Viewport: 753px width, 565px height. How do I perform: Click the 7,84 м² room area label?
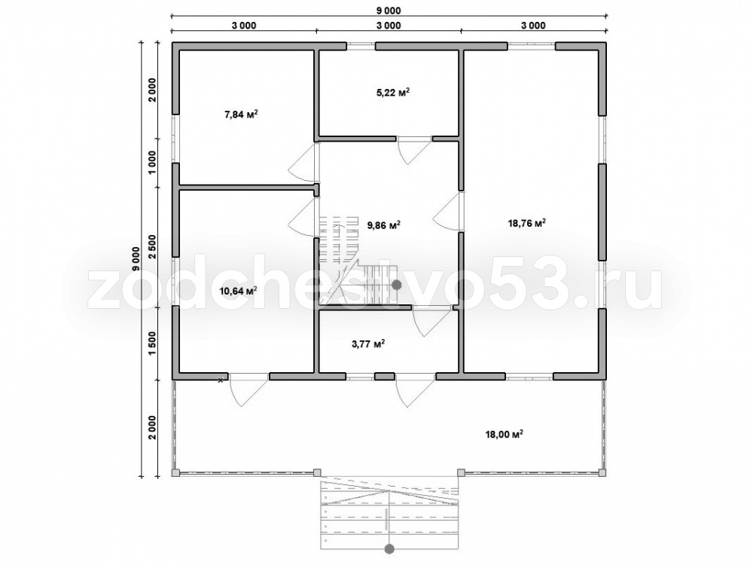point(241,115)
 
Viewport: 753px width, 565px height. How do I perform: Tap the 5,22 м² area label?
point(393,92)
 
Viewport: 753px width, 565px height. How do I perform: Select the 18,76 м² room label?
point(527,223)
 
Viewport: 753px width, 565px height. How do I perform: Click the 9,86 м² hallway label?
point(384,224)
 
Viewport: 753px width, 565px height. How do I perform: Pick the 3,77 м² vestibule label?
point(368,344)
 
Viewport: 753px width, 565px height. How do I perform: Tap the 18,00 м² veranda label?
point(505,435)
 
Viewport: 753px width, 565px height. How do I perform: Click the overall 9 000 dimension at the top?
point(389,11)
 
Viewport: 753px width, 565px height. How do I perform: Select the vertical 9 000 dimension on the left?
point(136,259)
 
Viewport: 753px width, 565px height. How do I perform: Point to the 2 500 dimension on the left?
point(152,247)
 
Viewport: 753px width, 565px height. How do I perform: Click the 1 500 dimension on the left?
point(152,343)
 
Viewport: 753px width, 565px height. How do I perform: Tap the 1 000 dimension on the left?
point(152,163)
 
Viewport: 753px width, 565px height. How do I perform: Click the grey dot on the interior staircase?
point(396,285)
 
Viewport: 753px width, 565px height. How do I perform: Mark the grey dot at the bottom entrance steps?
point(389,548)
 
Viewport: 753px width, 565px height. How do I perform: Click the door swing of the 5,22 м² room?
point(414,151)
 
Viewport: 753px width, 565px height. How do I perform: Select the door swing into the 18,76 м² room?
point(447,211)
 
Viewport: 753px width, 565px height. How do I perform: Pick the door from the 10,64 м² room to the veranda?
point(248,390)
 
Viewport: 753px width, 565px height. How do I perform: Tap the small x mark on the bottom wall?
point(221,380)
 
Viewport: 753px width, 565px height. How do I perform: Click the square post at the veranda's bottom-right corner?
point(602,473)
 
